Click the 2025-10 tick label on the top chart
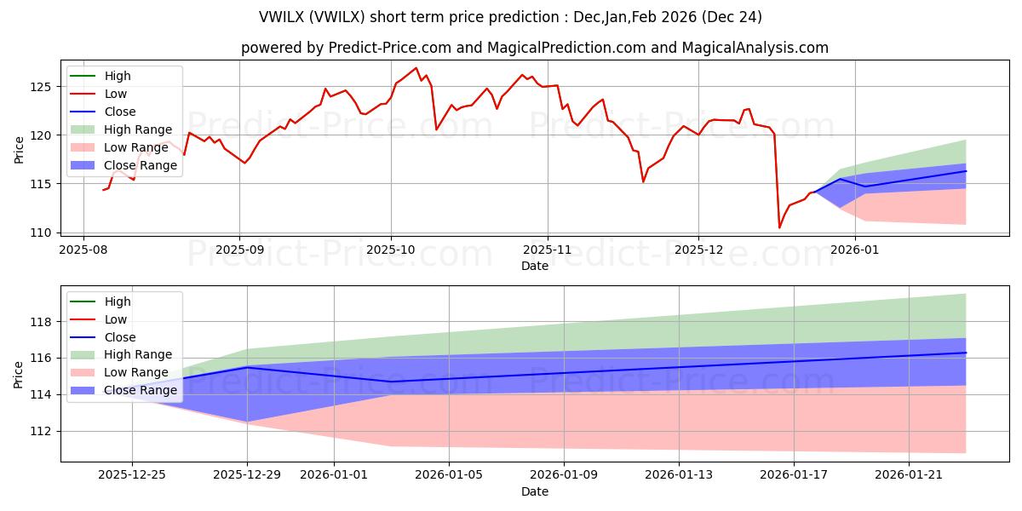(391, 250)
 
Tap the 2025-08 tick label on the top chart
(83, 250)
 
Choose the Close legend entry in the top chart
(120, 112)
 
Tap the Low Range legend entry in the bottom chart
(136, 373)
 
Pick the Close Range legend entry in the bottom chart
(141, 391)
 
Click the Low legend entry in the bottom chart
(116, 319)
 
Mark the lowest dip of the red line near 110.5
(779, 227)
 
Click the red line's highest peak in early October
(416, 68)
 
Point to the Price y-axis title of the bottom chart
(19, 373)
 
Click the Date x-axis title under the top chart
(535, 266)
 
